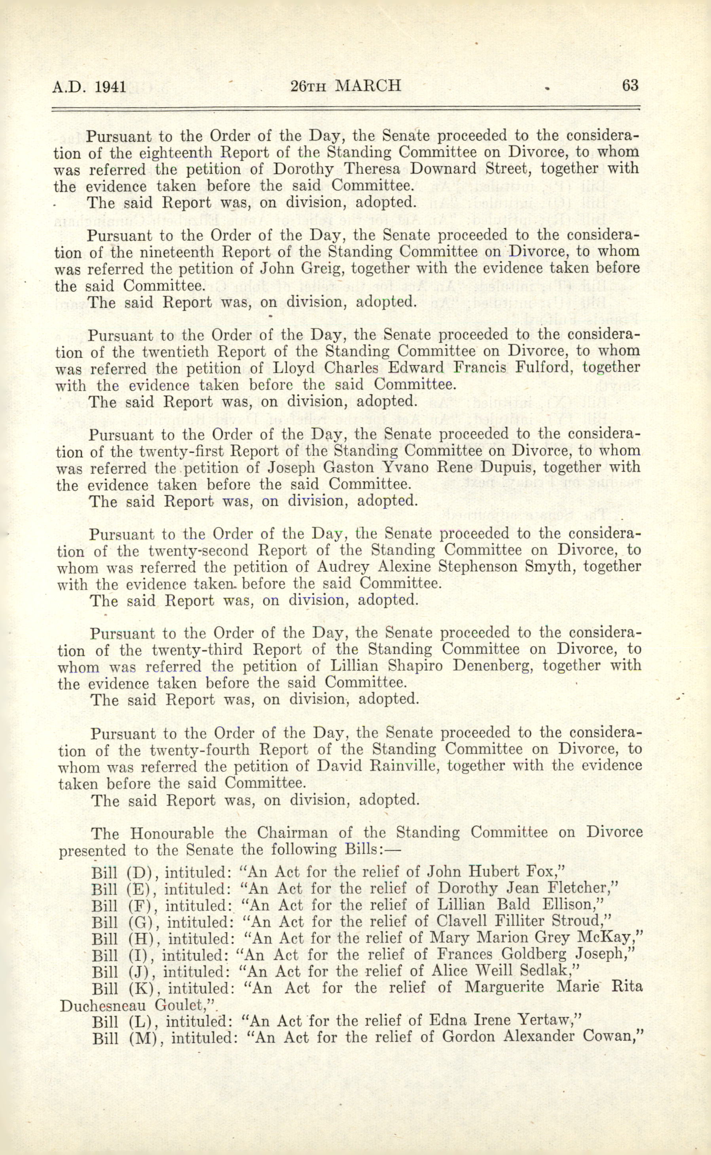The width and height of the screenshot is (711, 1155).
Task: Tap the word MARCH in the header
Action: click(x=370, y=86)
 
